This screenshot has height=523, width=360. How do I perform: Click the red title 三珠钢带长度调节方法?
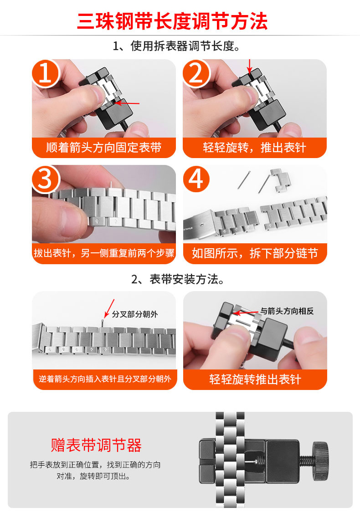[x=172, y=21]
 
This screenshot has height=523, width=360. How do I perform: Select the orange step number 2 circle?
[x=196, y=74]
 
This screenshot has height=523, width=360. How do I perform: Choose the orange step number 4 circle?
[x=196, y=179]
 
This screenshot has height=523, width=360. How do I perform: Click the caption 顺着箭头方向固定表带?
[x=104, y=148]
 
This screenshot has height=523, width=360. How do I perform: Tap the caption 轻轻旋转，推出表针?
[x=255, y=148]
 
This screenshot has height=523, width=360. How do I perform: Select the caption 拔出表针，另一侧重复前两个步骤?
[x=104, y=253]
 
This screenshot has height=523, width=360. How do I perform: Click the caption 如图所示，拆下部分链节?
[x=255, y=253]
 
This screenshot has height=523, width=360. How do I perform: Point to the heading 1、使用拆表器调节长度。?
[x=180, y=46]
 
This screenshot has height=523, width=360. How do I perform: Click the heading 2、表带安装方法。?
[x=180, y=279]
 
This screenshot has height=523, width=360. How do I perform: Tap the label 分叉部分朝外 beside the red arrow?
[x=135, y=314]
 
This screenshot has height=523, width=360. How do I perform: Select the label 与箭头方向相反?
[x=287, y=312]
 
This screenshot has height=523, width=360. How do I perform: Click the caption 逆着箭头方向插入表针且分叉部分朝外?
[x=104, y=379]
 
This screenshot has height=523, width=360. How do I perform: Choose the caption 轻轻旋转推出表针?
[x=255, y=379]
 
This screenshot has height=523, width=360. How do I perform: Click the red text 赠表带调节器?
[x=96, y=445]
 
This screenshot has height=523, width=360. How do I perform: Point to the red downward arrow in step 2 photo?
[x=249, y=65]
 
